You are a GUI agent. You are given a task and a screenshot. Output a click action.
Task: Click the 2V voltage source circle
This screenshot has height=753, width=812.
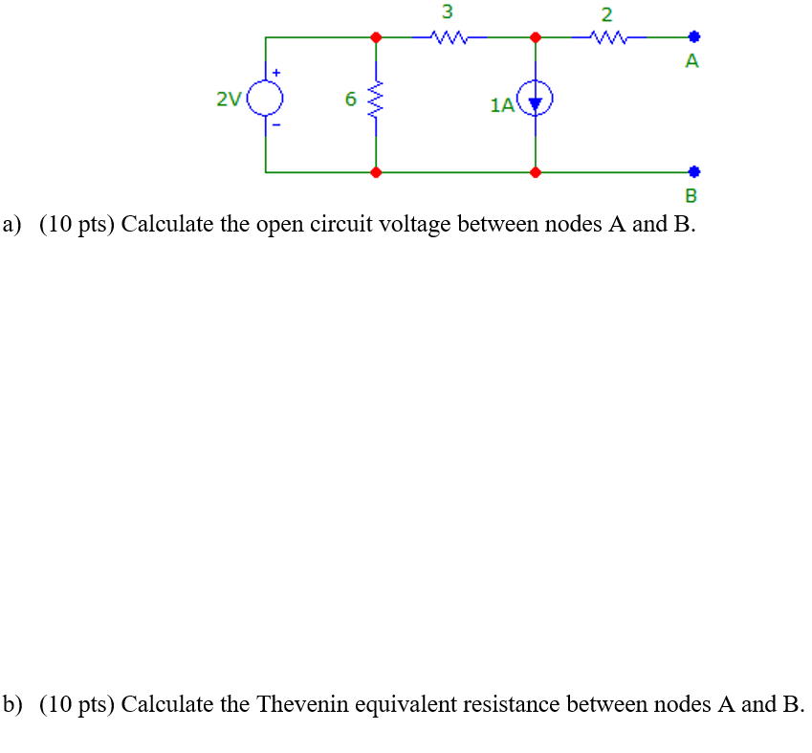(265, 97)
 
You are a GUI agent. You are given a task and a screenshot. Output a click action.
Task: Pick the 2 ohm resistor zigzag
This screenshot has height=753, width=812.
(608, 38)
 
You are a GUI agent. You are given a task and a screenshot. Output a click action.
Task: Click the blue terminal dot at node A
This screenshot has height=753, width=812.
(694, 37)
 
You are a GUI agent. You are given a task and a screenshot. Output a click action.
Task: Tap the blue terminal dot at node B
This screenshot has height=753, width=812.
(694, 173)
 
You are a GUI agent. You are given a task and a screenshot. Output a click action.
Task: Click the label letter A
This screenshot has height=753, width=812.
(692, 62)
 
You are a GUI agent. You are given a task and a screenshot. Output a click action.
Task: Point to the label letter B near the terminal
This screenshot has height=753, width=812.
(692, 197)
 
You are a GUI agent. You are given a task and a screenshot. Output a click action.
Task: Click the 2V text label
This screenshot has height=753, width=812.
(229, 99)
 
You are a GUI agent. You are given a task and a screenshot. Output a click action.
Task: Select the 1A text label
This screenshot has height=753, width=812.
(501, 105)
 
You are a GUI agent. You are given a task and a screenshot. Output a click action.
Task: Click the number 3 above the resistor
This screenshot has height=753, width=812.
(447, 12)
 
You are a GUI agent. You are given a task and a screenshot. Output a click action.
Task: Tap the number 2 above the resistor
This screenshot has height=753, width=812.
(606, 14)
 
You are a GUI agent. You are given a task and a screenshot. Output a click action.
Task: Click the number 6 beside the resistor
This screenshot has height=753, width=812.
(350, 99)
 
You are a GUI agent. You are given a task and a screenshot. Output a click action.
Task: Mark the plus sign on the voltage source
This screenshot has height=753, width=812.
(278, 72)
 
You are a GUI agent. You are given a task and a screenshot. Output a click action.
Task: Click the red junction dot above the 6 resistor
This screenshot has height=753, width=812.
(377, 37)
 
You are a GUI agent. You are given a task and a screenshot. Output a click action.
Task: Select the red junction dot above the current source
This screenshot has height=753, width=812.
(536, 37)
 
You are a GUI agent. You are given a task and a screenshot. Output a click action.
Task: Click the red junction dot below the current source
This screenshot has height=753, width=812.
(536, 173)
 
